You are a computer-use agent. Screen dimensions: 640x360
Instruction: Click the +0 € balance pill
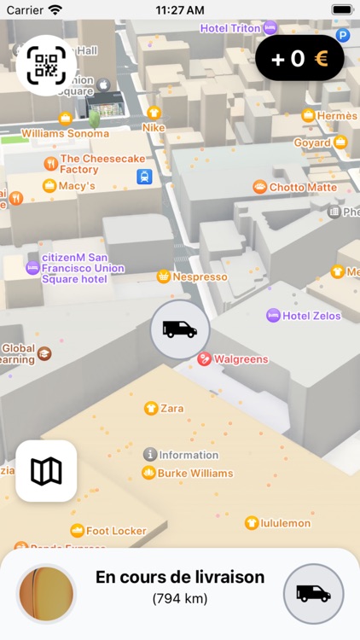299,59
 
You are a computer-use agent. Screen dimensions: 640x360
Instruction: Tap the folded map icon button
46,470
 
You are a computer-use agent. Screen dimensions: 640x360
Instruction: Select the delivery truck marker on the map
180,329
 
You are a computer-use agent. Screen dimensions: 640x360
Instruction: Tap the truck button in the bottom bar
313,593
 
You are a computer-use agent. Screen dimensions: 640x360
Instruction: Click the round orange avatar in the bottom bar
46,593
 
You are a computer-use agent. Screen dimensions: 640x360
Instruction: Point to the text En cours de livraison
180,577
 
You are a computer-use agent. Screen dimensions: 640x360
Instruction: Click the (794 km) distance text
180,598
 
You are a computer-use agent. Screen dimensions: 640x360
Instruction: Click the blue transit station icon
145,177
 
